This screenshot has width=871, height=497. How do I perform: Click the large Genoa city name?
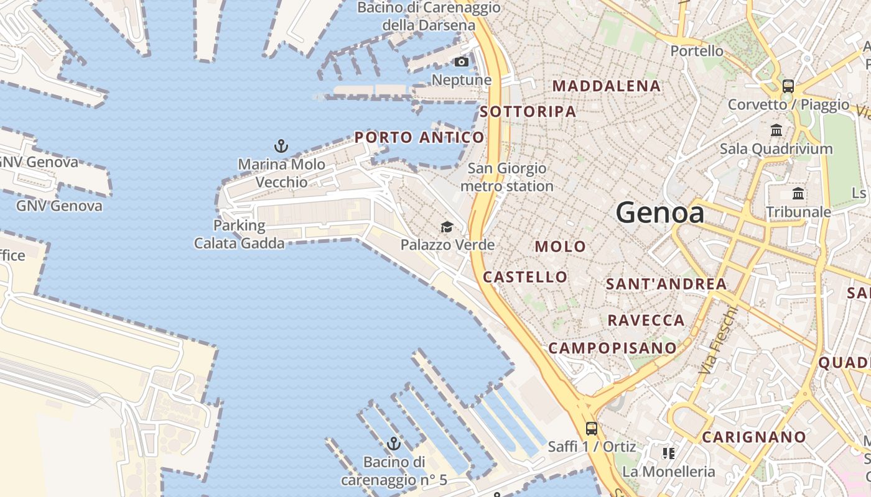[x=659, y=213]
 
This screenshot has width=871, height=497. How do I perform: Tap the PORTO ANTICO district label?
[x=419, y=137]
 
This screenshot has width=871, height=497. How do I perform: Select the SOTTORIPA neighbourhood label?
[x=528, y=112]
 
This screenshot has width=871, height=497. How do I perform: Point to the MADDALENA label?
[x=606, y=86]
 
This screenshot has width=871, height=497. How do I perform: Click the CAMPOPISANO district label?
[x=612, y=348]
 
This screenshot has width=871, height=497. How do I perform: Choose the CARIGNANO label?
[x=754, y=437]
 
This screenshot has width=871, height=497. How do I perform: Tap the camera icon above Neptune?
[x=461, y=62]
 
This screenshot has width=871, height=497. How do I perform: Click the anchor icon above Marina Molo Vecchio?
[x=281, y=147]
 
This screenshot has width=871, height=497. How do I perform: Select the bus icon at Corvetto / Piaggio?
[x=788, y=86]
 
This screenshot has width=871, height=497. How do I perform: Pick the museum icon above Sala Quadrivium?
[x=776, y=130]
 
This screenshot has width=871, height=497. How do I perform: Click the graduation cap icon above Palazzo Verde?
[x=447, y=227]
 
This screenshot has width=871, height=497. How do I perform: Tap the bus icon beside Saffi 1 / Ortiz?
[x=591, y=429]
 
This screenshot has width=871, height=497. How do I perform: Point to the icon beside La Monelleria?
[x=668, y=454]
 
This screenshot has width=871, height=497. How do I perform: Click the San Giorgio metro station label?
[x=507, y=177]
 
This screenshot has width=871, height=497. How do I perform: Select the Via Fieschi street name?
[x=717, y=340]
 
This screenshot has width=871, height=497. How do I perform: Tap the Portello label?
[x=697, y=51]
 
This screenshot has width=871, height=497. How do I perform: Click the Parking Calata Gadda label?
[x=240, y=234]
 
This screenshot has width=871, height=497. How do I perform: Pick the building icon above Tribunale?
[x=798, y=194]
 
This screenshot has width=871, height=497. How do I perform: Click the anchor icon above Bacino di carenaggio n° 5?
[x=393, y=444]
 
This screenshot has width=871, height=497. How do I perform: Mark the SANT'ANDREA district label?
[x=666, y=284]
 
